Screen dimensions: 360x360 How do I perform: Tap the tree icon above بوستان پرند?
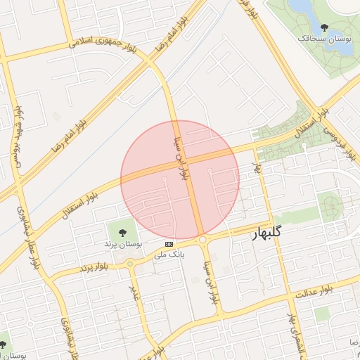coord(123,231)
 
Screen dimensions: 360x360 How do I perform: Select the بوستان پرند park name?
coord(123,243)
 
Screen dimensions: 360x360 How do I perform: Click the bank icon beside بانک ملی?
coord(169,244)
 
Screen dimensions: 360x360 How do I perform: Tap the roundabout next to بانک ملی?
coord(202,240)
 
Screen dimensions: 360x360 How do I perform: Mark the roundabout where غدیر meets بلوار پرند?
coord(130,264)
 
